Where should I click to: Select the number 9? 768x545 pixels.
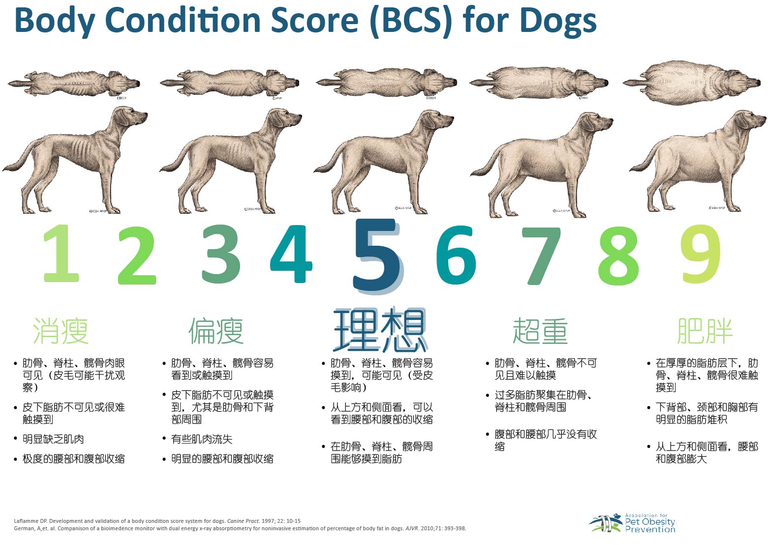(701, 255)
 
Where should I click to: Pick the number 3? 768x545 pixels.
(221, 254)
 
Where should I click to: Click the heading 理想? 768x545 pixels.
(379, 330)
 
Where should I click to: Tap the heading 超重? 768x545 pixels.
(540, 331)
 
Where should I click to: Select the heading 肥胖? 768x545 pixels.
(705, 331)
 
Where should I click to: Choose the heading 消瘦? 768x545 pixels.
(61, 331)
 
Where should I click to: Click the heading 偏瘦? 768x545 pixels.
(216, 331)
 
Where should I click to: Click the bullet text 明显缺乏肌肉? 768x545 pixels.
(53, 439)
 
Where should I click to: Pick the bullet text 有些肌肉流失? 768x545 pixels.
(202, 439)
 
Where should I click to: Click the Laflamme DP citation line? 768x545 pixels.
(157, 521)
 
